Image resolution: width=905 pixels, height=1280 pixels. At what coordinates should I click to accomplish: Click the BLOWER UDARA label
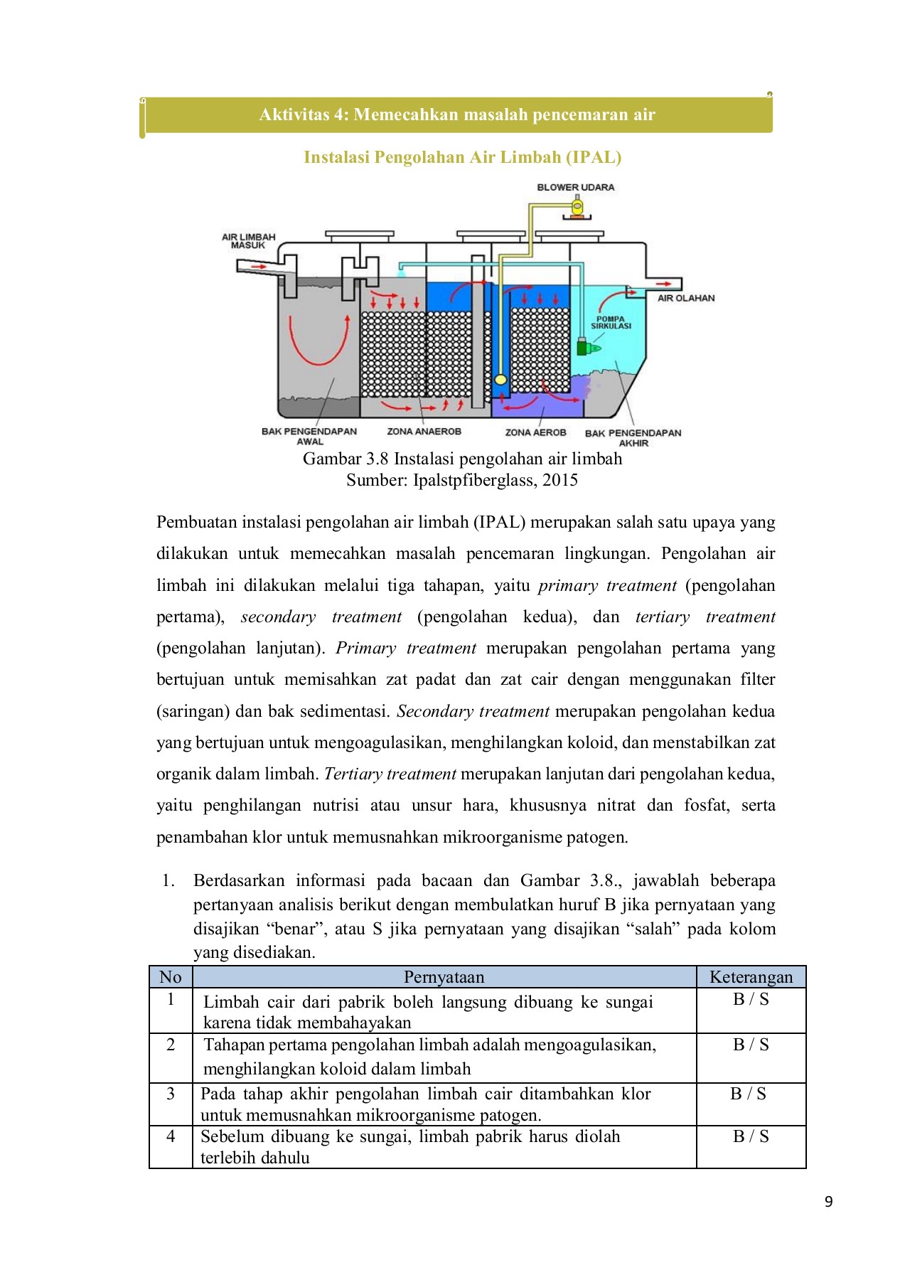click(575, 187)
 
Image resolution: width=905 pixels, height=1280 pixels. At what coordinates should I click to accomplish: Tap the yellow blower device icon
click(577, 208)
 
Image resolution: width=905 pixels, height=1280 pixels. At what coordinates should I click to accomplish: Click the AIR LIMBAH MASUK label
click(248, 241)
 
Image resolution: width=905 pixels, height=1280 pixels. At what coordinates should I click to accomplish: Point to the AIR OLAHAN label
click(685, 298)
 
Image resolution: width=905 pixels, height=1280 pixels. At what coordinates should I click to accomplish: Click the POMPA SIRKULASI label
click(611, 322)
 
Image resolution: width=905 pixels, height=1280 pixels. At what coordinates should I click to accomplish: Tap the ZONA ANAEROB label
click(424, 431)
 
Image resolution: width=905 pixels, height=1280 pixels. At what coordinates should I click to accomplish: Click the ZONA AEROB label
click(535, 432)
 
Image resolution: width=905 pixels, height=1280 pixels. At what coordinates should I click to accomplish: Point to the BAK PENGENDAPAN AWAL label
click(309, 436)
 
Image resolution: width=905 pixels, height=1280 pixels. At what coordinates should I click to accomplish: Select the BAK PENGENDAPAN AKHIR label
click(633, 437)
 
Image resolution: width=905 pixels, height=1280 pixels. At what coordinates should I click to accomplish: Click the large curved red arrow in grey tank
click(318, 341)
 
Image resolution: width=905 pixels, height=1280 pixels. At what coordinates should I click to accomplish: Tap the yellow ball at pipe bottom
click(500, 379)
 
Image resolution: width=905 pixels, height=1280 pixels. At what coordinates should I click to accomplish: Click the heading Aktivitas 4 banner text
click(457, 114)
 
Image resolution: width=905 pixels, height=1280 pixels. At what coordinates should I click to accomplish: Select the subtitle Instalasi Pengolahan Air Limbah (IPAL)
click(462, 157)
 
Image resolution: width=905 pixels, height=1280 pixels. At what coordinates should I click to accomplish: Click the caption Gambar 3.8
click(462, 459)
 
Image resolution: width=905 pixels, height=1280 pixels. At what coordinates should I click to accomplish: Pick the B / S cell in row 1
click(751, 999)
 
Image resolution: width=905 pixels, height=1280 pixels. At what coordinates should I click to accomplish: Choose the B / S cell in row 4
click(751, 1136)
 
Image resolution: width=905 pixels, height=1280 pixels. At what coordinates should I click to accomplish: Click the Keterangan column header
click(751, 977)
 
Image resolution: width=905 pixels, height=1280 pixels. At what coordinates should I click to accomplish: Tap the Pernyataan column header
click(444, 977)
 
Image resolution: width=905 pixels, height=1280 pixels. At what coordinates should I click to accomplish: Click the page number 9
click(828, 1202)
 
